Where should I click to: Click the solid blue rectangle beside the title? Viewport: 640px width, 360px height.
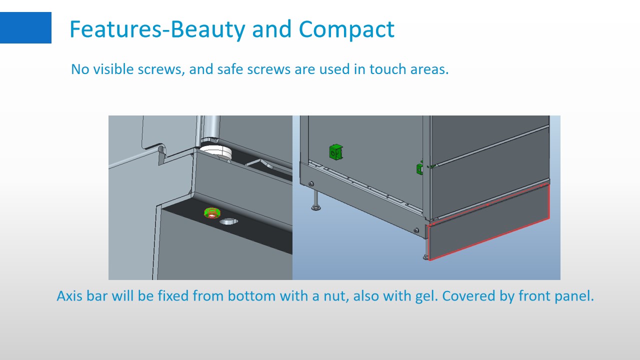pyautogui.click(x=25, y=27)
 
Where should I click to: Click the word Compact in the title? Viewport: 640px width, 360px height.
pyautogui.click(x=346, y=29)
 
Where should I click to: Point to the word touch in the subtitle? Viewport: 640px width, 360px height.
pyautogui.click(x=387, y=69)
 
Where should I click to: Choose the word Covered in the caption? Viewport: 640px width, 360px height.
pyautogui.click(x=468, y=295)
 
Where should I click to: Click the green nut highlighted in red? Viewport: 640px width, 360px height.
pyautogui.click(x=212, y=213)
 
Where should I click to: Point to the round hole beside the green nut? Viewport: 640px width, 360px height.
pyautogui.click(x=228, y=221)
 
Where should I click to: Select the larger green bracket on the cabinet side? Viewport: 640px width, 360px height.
pyautogui.click(x=335, y=151)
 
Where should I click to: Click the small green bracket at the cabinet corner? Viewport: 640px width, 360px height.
pyautogui.click(x=419, y=168)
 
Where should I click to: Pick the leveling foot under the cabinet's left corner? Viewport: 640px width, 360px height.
pyautogui.click(x=315, y=200)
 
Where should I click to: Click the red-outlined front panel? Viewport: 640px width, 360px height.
pyautogui.click(x=488, y=222)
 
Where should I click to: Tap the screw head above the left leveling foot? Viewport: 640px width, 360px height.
pyautogui.click(x=311, y=183)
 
